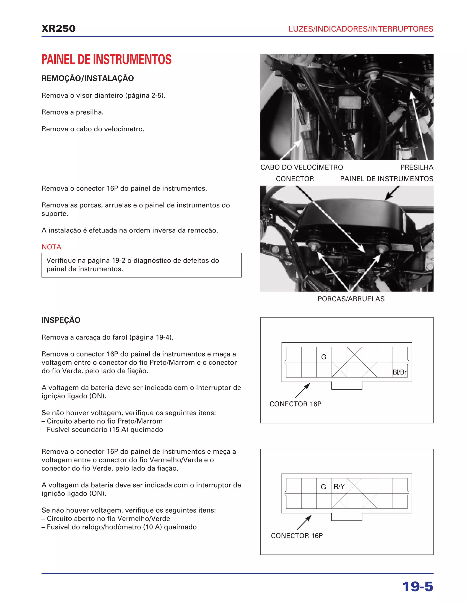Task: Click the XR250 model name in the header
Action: (58, 28)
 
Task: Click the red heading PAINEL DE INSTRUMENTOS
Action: (106, 59)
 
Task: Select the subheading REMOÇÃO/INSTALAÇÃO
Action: (87, 78)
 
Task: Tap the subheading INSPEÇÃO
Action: (61, 320)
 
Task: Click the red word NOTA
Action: (52, 247)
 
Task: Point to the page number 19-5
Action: (418, 587)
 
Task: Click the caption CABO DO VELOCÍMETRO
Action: (301, 167)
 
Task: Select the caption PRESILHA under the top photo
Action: (417, 167)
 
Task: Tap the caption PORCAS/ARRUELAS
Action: (351, 299)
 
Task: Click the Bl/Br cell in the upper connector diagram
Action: (400, 372)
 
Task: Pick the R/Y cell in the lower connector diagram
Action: (339, 486)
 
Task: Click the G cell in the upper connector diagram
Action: (324, 357)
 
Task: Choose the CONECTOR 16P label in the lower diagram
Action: (297, 536)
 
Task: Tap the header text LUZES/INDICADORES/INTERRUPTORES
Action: (361, 29)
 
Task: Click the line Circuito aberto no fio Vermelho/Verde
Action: (108, 519)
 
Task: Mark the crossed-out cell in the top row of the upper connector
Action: (354, 355)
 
